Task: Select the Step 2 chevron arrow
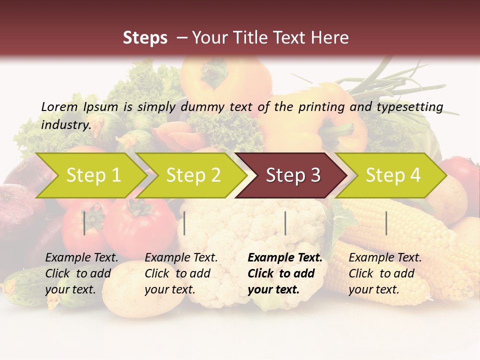pos(191,175)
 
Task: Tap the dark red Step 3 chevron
pos(291,175)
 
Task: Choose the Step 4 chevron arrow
pos(391,175)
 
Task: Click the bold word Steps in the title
pos(145,37)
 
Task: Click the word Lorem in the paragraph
pos(59,106)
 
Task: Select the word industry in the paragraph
pos(65,124)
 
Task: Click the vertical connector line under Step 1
pos(84,223)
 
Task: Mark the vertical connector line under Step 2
pos(184,223)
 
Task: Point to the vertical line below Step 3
pos(285,223)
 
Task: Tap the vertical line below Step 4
pos(386,223)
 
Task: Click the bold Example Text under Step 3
pos(285,258)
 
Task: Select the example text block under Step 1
pos(81,273)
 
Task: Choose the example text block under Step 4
pos(385,273)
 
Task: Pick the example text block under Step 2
pos(181,273)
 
